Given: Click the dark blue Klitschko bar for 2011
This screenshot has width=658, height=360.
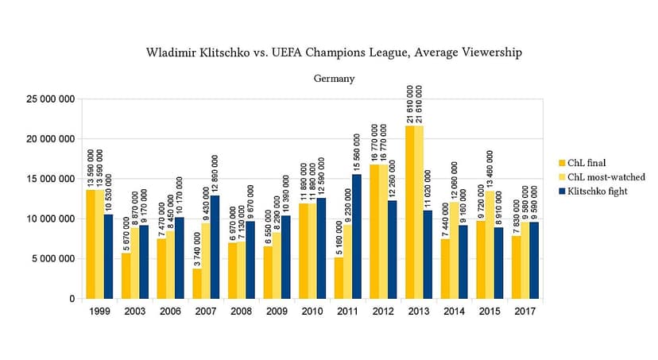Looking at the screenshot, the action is click(356, 237).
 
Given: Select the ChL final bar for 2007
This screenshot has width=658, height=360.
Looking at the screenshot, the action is click(197, 284).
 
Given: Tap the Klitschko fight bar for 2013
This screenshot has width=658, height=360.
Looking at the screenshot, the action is click(428, 254).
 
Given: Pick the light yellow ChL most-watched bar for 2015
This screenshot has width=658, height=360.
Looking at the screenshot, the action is click(490, 245).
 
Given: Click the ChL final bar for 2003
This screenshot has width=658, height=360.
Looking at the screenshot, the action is click(126, 276).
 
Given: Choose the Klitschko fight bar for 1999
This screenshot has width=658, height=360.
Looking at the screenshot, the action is click(109, 257).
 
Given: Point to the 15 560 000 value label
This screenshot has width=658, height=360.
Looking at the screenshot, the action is click(357, 153).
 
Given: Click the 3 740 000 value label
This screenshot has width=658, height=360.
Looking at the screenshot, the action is click(197, 250).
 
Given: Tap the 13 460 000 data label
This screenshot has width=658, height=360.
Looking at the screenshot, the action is click(490, 170).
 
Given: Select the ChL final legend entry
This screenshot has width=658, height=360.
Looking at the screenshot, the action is click(583, 163).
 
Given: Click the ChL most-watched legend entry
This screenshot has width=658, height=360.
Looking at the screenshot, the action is click(602, 177).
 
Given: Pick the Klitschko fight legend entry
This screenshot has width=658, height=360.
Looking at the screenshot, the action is click(594, 192).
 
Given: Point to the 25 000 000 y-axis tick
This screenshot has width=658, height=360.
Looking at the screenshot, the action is click(50, 99).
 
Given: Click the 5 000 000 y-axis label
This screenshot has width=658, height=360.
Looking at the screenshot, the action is click(53, 259).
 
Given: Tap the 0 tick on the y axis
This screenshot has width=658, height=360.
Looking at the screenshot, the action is click(72, 299).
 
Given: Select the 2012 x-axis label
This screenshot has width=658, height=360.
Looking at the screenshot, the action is click(383, 312).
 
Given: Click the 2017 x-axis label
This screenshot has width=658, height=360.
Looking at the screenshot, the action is click(525, 312).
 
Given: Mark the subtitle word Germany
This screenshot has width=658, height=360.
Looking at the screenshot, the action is click(334, 79).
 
